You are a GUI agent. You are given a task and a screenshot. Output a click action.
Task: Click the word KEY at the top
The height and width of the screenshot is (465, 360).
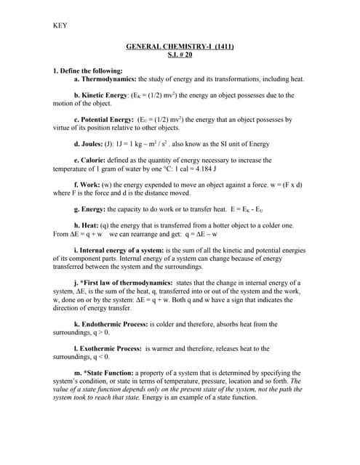60,27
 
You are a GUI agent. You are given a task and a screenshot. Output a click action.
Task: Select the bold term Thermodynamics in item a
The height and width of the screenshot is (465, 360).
108,78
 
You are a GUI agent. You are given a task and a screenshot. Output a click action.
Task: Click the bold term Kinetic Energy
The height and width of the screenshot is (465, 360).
103,95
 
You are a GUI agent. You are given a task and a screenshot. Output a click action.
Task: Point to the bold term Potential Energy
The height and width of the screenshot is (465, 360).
106,118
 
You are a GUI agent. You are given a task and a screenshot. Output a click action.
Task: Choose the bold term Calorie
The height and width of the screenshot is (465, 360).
97,160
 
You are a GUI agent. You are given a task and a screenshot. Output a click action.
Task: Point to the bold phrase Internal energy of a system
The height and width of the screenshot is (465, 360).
125,251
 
